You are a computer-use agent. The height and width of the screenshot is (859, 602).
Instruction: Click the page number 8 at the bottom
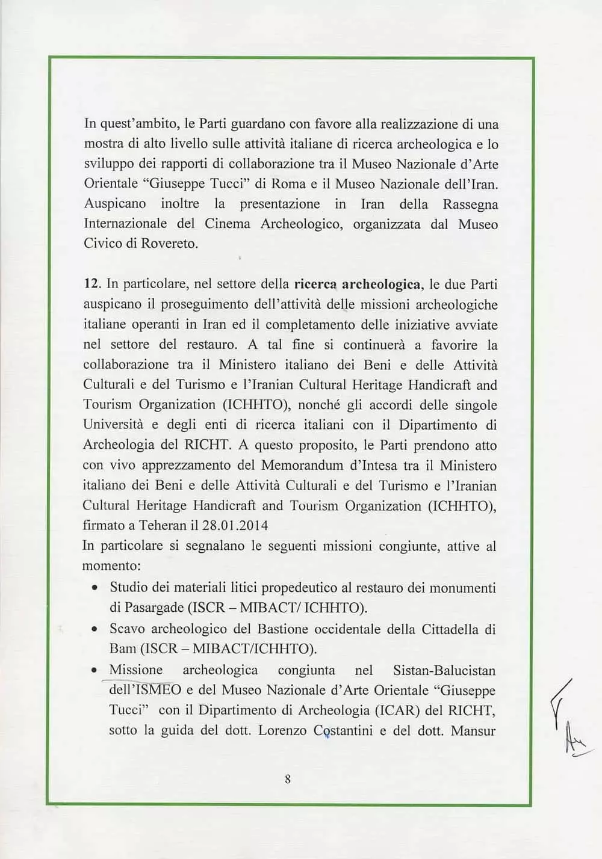[288, 779]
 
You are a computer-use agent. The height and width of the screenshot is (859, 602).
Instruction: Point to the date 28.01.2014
[235, 525]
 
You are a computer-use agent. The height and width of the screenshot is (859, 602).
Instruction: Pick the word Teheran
[163, 525]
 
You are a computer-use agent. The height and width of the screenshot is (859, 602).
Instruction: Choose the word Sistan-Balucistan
[444, 670]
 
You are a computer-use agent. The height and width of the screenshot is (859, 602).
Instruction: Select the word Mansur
[473, 730]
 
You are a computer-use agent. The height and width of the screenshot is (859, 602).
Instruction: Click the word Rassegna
[470, 204]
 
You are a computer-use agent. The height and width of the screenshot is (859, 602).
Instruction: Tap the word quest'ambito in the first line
[139, 124]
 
